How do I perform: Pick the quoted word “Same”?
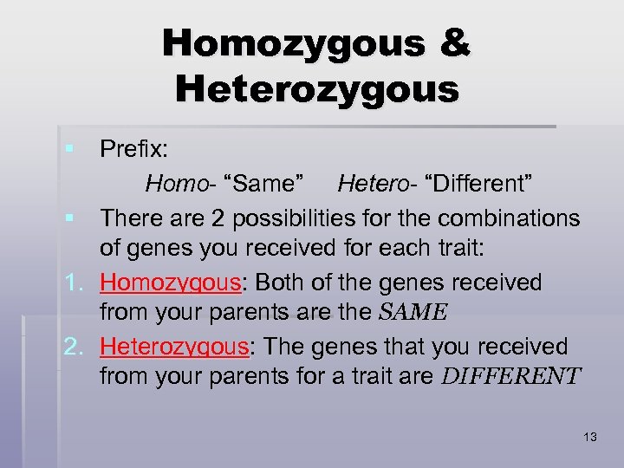(x=264, y=183)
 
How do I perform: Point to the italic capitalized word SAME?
(x=412, y=313)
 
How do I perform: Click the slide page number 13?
(x=590, y=437)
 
